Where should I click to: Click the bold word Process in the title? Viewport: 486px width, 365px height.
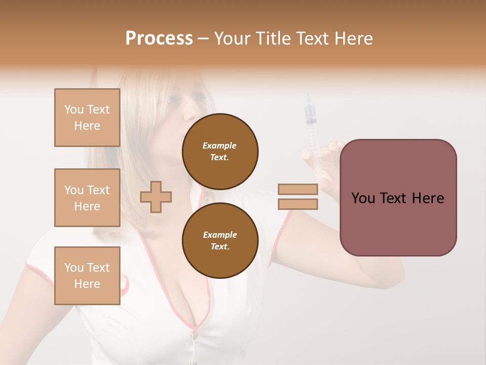coord(159,39)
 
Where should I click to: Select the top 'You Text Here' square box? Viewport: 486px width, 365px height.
coord(87,118)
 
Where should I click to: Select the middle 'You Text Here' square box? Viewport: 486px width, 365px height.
coord(87,198)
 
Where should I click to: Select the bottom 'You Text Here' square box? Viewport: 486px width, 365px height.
coord(87,276)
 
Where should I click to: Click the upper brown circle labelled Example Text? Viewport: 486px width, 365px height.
coord(220,152)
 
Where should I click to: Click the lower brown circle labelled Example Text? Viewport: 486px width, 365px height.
coord(220,241)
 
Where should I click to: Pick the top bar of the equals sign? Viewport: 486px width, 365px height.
coord(298,189)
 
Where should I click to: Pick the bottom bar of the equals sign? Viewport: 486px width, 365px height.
coord(298,204)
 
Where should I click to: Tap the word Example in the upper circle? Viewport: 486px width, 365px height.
coord(220,145)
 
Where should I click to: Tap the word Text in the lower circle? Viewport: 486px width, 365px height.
coord(219,247)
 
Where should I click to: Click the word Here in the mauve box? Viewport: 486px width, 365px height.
coord(428,198)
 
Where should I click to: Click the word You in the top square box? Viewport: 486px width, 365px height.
coord(74,109)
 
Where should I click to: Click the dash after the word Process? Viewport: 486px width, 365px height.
coord(203,39)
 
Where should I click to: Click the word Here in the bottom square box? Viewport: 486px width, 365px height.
coord(87,284)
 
